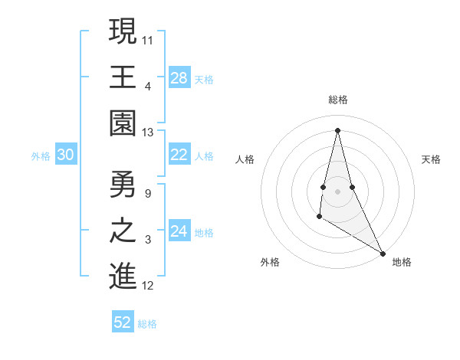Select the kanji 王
[123, 77]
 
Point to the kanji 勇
[123, 185]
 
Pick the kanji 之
[123, 231]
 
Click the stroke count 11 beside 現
[149, 38]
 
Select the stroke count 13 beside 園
[149, 133]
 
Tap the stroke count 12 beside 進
[149, 286]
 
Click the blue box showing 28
[179, 77]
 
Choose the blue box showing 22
[179, 155]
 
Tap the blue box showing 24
[179, 231]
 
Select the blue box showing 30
[66, 155]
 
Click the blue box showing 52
[123, 322]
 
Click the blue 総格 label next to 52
[147, 324]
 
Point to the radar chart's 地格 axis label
[402, 262]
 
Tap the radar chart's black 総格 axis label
[337, 100]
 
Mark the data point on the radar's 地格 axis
[383, 253]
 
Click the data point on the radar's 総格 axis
[337, 129]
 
